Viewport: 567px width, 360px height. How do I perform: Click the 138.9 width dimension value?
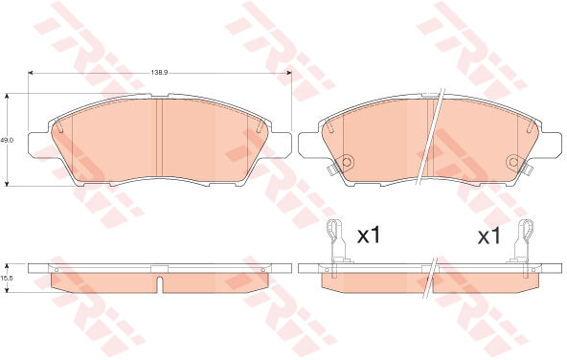tap(160, 73)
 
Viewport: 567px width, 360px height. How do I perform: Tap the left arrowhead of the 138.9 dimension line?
tap(31, 73)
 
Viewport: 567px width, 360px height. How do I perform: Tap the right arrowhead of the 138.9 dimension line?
tap(289, 73)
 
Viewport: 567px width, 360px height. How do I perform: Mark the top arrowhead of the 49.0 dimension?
tap(7, 96)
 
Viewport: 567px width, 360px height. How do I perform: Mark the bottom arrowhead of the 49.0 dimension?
tap(7, 184)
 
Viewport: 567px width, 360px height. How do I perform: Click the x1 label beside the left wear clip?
tap(369, 236)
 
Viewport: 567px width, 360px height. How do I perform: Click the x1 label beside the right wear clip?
tap(488, 236)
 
